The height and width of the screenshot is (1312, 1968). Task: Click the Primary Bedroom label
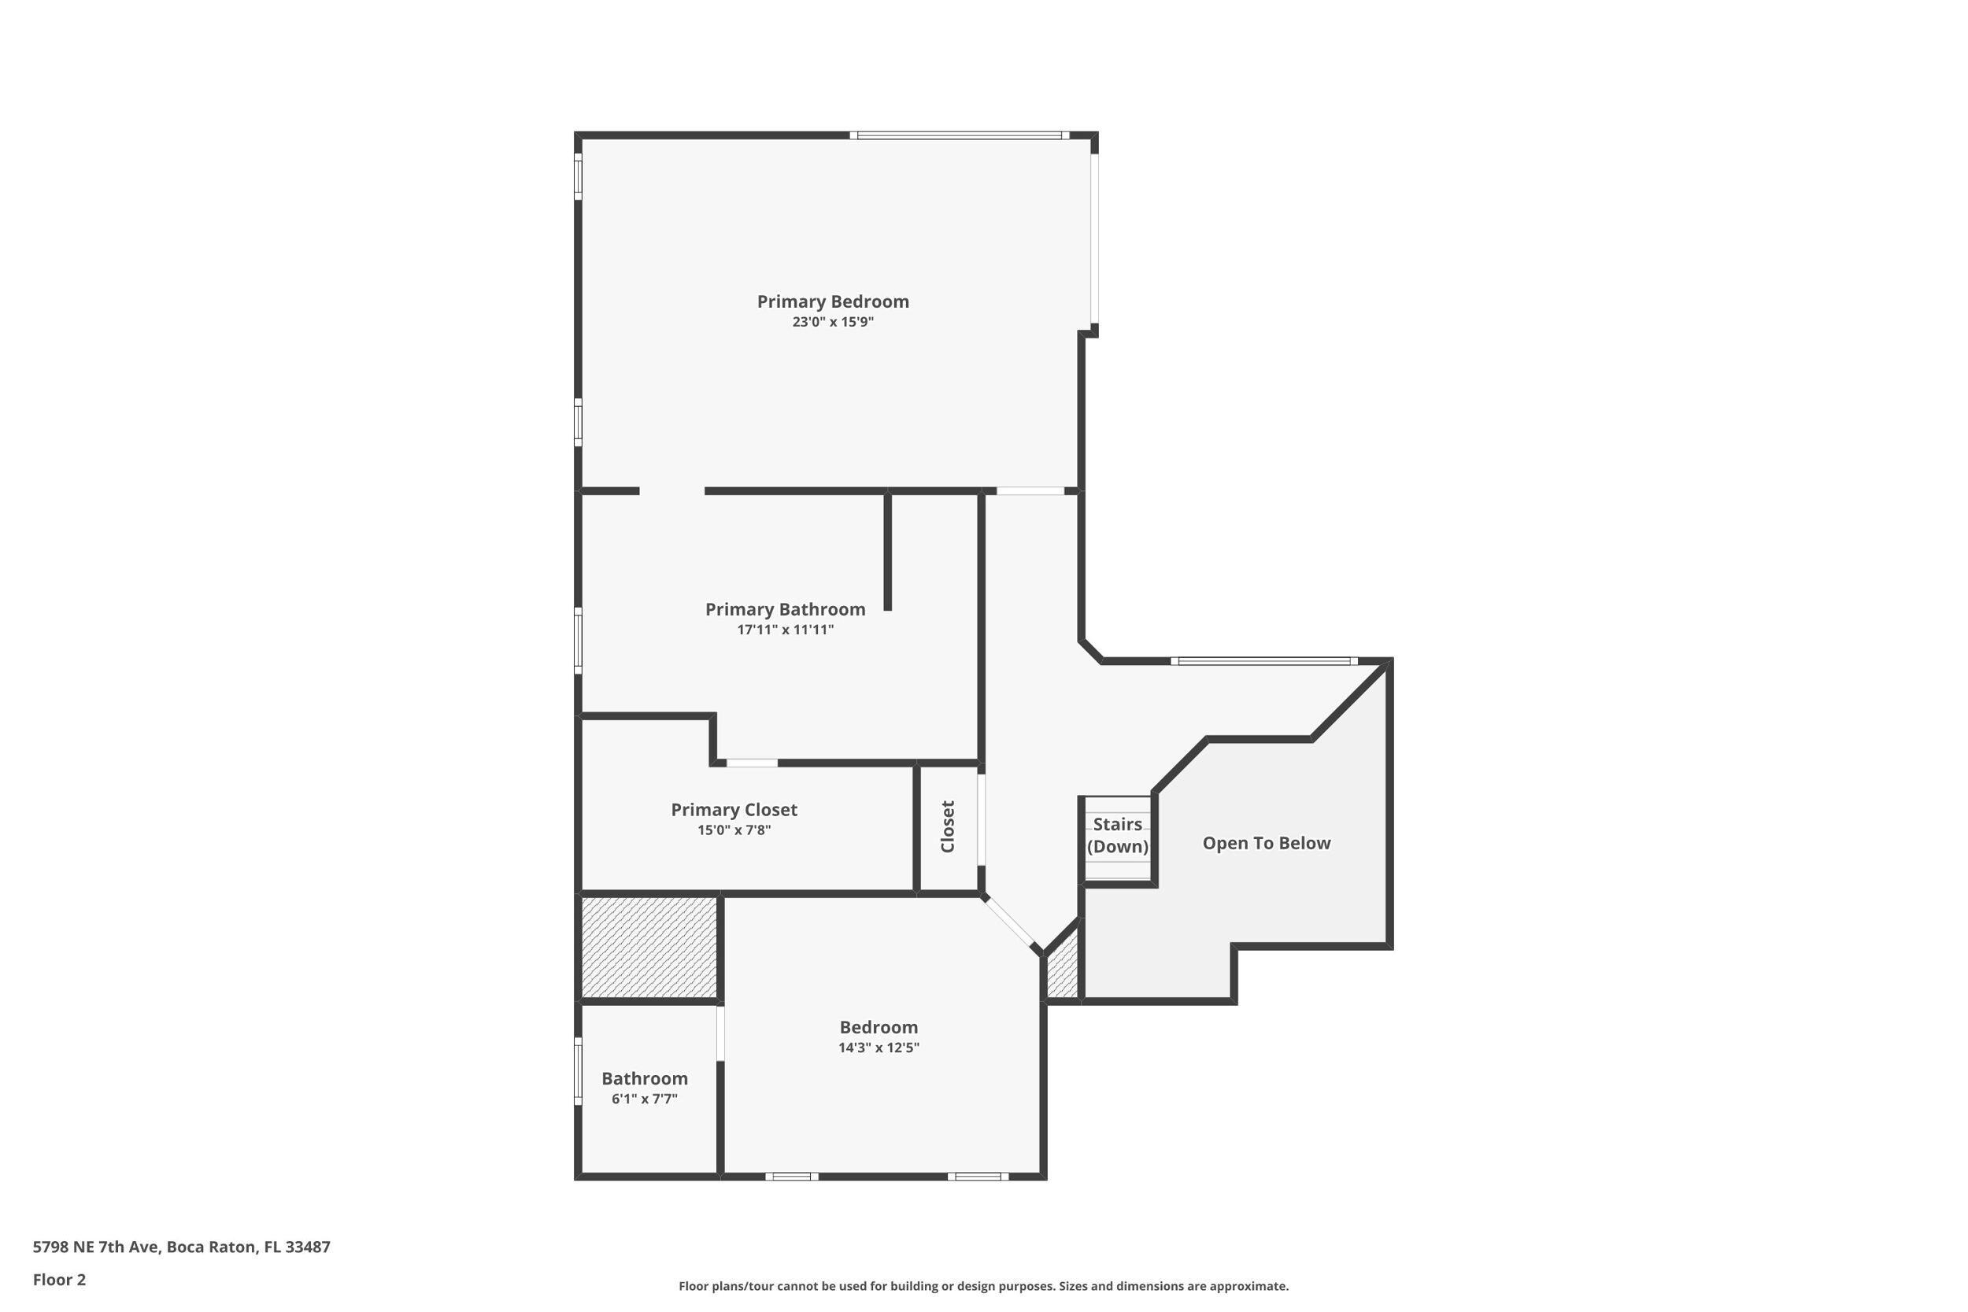coord(833,301)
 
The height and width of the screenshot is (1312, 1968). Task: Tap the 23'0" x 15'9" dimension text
coord(833,322)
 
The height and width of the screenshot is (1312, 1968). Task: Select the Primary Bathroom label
coord(785,609)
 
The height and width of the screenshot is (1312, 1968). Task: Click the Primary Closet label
coord(734,809)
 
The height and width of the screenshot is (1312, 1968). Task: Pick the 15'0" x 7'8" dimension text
coord(734,830)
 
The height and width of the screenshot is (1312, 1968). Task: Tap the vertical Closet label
coord(948,826)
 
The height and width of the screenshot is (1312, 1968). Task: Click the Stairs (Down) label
coord(1117,835)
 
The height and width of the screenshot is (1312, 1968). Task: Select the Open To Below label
coord(1266,843)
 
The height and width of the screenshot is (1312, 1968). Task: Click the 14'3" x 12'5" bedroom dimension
coord(879,1048)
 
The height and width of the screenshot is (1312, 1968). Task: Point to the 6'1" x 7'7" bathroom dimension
coord(644,1099)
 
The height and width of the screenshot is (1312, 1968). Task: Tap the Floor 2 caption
coord(59,1280)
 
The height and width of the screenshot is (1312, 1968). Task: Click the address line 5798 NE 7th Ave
coord(182,1247)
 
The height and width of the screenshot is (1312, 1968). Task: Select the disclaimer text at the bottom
coord(983,1286)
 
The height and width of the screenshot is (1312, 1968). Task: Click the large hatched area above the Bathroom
coord(649,946)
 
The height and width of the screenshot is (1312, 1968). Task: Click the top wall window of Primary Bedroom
coord(960,135)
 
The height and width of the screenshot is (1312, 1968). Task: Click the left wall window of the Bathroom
coord(577,1070)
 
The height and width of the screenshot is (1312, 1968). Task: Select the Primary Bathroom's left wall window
coord(577,640)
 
